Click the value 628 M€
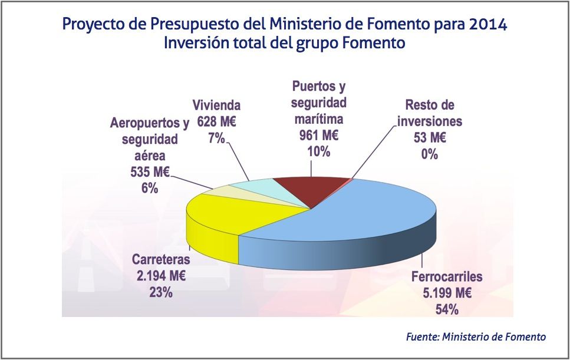pos(217,122)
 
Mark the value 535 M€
pos(149,173)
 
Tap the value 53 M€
pos(430,138)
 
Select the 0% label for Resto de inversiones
pos(430,154)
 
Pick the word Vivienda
pos(217,106)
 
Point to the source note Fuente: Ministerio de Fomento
pos(476,336)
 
